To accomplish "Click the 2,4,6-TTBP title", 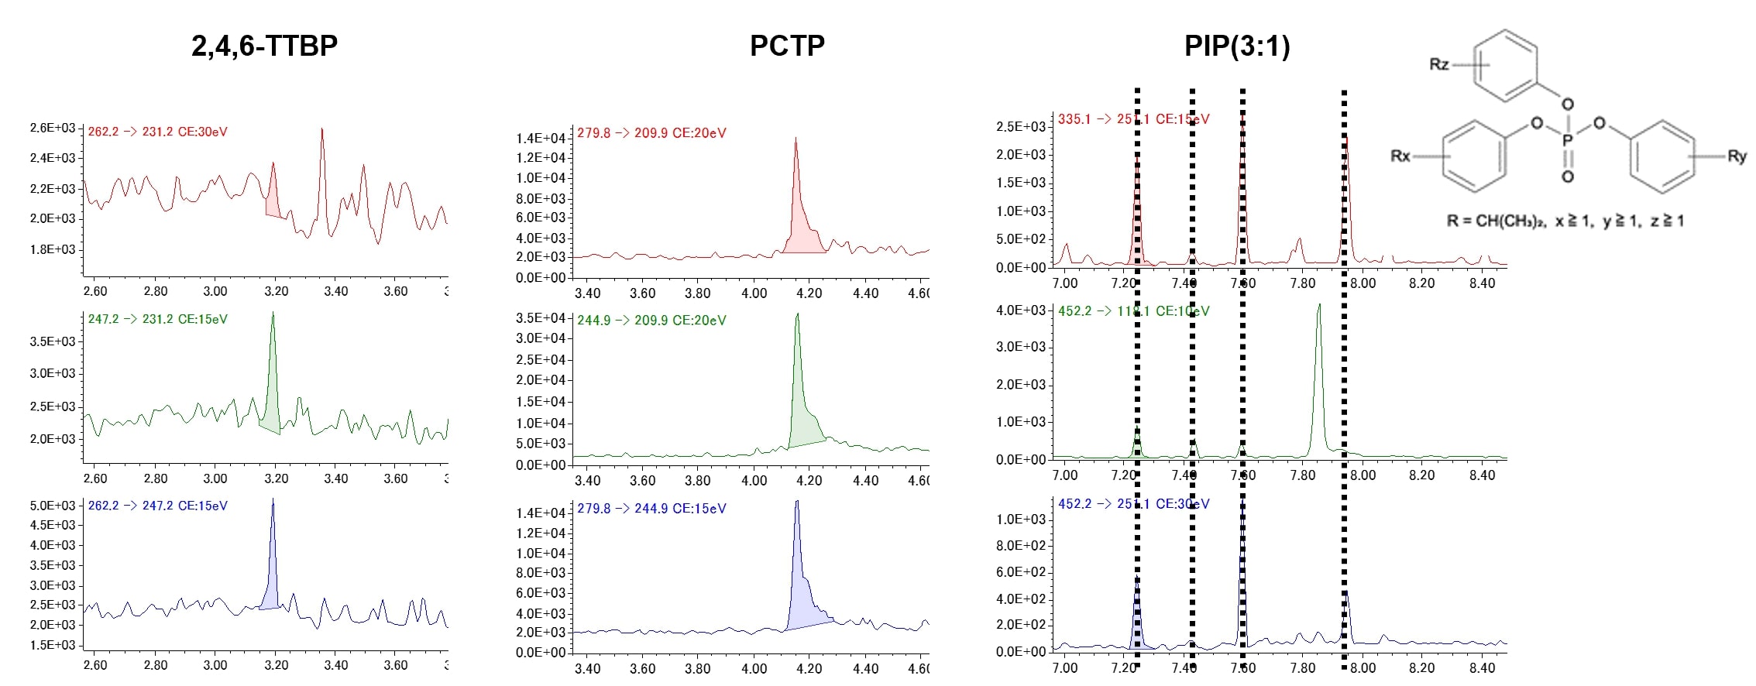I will click(x=264, y=46).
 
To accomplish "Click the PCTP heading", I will click(x=787, y=46).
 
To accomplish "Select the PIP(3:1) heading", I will click(x=1237, y=46).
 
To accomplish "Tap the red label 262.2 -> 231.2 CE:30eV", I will click(x=157, y=132).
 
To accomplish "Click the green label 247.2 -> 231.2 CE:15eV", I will click(x=157, y=319).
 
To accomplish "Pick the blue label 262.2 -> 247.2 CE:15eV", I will click(x=157, y=506).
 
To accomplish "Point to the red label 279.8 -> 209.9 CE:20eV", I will click(x=651, y=133).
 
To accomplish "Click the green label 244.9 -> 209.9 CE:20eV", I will click(x=651, y=321).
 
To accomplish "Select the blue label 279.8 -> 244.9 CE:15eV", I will click(x=651, y=509).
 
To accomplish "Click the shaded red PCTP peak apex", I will click(x=796, y=140).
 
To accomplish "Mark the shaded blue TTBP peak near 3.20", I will click(x=273, y=503).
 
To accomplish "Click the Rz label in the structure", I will click(x=1438, y=64).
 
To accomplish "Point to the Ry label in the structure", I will click(x=1737, y=156).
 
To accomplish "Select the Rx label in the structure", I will click(x=1400, y=156).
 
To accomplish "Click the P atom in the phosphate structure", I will click(x=1567, y=140).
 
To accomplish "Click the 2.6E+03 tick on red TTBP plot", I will click(x=53, y=128).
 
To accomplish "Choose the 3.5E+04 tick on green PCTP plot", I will click(x=541, y=318).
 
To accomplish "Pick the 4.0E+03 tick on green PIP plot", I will click(x=1021, y=310).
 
